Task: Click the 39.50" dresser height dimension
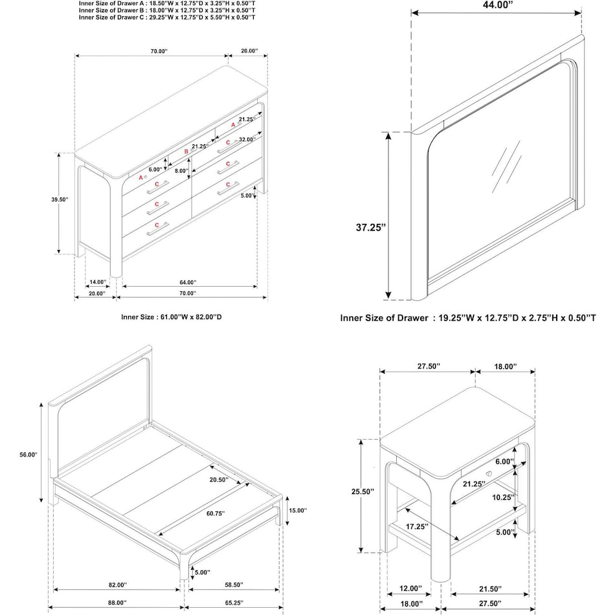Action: pyautogui.click(x=59, y=200)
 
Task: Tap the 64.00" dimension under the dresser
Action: pyautogui.click(x=187, y=282)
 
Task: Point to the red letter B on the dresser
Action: pyautogui.click(x=186, y=151)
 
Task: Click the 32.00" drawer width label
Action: pyautogui.click(x=247, y=139)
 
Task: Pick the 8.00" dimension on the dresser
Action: pyautogui.click(x=182, y=171)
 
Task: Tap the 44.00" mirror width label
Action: pyautogui.click(x=496, y=5)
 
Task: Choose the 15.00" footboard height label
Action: pyautogui.click(x=297, y=510)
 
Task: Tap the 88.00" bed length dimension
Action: pyautogui.click(x=117, y=602)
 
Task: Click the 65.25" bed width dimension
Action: pyautogui.click(x=235, y=602)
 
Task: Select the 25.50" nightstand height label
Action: pyautogui.click(x=363, y=492)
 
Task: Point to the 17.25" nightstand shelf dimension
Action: pyautogui.click(x=418, y=526)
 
